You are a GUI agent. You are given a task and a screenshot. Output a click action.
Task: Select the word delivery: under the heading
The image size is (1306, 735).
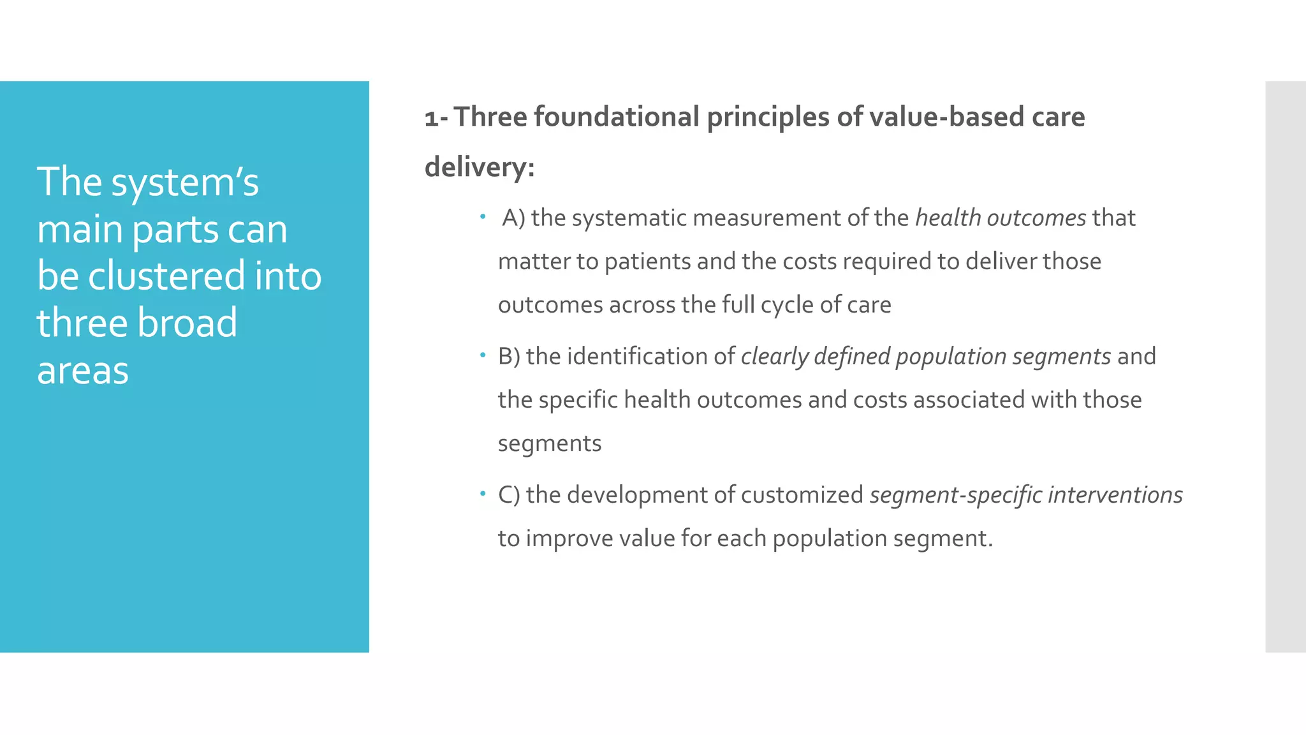480,167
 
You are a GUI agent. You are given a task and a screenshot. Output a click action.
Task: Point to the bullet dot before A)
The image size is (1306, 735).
483,218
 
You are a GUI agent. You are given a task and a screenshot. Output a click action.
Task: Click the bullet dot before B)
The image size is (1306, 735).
483,355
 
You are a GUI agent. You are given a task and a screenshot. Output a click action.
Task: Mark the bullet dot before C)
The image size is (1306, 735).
483,493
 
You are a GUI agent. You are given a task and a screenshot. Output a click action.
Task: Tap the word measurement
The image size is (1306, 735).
767,218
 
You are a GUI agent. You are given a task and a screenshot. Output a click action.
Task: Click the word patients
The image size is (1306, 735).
647,262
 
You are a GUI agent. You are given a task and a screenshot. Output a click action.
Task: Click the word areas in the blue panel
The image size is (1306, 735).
83,370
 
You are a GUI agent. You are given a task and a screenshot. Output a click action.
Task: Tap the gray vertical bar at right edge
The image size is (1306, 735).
1285,366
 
